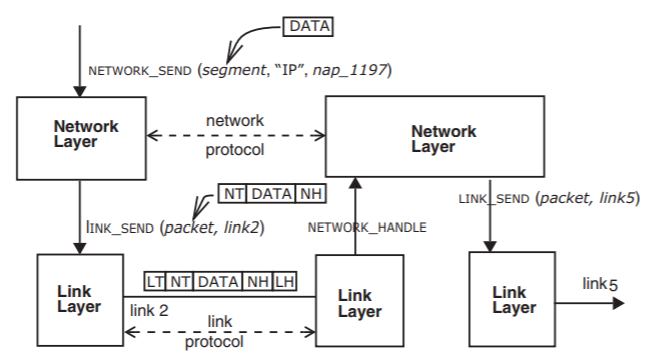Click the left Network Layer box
click(86, 135)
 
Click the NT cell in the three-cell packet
click(232, 194)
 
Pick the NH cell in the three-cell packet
click(306, 194)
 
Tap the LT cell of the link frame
click(155, 283)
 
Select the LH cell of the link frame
click(285, 283)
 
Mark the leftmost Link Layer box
click(79, 299)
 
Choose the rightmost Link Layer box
click(511, 300)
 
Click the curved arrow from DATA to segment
click(251, 42)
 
